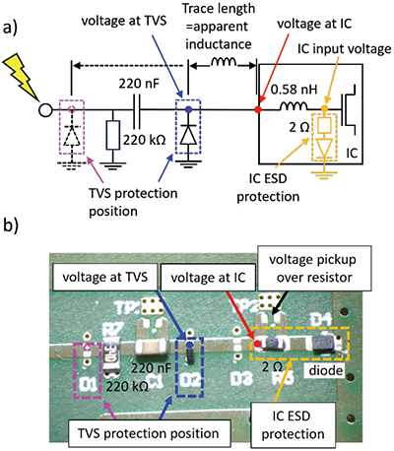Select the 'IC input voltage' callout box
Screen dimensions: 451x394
coord(339,49)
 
